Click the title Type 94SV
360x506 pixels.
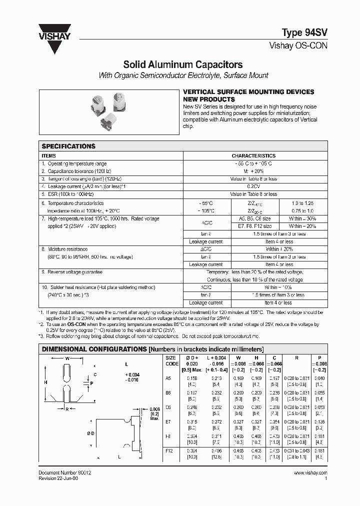305,32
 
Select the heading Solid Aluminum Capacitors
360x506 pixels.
183,64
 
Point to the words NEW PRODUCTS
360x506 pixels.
206,99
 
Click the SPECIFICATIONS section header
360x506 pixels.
68,146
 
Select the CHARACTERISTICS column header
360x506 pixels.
253,156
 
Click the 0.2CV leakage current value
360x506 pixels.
253,186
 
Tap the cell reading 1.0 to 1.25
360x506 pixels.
301,203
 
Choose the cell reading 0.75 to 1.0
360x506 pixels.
301,211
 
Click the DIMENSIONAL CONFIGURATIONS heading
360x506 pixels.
93,348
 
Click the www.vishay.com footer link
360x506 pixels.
310,472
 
